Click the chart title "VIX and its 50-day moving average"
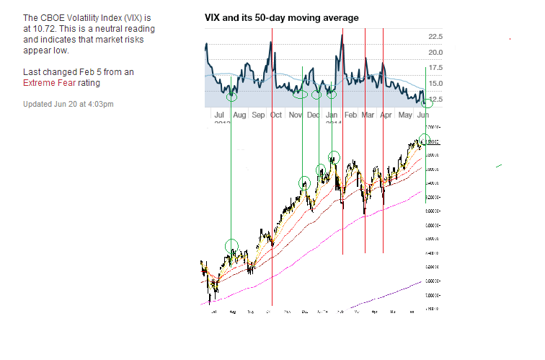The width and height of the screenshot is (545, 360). [282, 17]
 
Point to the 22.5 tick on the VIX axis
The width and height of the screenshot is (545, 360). [435, 37]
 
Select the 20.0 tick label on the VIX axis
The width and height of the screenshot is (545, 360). [435, 53]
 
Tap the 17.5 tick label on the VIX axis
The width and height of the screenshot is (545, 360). [435, 69]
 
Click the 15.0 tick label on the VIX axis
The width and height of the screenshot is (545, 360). [435, 84]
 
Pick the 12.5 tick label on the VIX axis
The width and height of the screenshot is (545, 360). [435, 100]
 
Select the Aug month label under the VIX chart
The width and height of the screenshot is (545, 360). [239, 115]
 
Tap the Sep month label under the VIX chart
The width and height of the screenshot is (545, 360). [258, 115]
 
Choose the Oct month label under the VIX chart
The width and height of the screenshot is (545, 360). [276, 115]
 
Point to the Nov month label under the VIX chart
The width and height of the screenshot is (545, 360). [295, 115]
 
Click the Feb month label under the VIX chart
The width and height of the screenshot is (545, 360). [350, 115]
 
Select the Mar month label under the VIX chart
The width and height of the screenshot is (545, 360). [368, 115]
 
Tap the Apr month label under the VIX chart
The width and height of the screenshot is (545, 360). [386, 115]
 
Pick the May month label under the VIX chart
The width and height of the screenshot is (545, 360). [404, 115]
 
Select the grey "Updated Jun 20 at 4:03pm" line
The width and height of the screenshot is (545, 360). [68, 104]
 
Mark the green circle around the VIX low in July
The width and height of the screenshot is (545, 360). [231, 97]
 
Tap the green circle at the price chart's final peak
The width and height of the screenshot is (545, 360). [424, 139]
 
